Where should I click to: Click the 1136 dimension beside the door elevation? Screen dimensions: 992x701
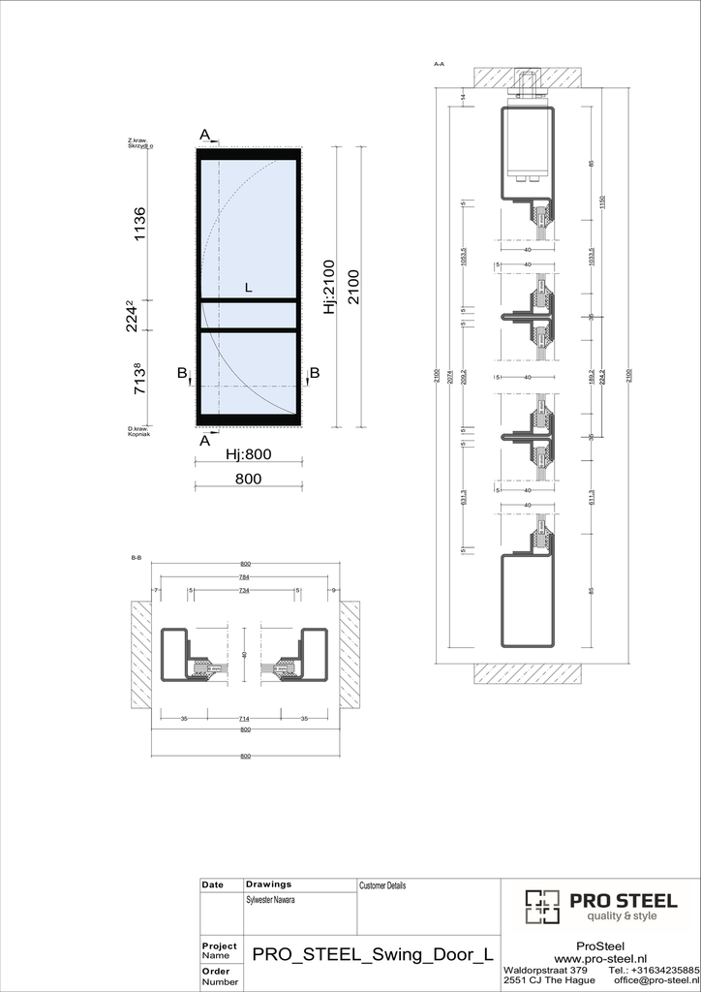pos(139,225)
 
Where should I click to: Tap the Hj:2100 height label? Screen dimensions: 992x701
pos(328,287)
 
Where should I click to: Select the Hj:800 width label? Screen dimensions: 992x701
pos(247,454)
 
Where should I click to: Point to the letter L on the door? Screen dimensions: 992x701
pos(248,288)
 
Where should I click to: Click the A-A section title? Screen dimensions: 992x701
pos(439,64)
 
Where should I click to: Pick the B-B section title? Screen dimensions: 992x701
pos(137,558)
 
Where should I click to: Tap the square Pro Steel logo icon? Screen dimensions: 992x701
pos(542,906)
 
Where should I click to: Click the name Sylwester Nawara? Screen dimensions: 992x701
pos(271,900)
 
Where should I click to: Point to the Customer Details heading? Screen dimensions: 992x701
pos(382,885)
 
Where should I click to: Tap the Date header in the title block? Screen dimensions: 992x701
pos(212,885)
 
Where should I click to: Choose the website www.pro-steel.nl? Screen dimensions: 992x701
pos(599,958)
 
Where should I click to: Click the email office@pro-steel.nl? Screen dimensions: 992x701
pos(655,980)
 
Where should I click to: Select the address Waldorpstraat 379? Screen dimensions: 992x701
pos(545,970)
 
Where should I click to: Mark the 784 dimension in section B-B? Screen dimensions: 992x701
pos(244,577)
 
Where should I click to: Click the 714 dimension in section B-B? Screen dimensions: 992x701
pos(244,719)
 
